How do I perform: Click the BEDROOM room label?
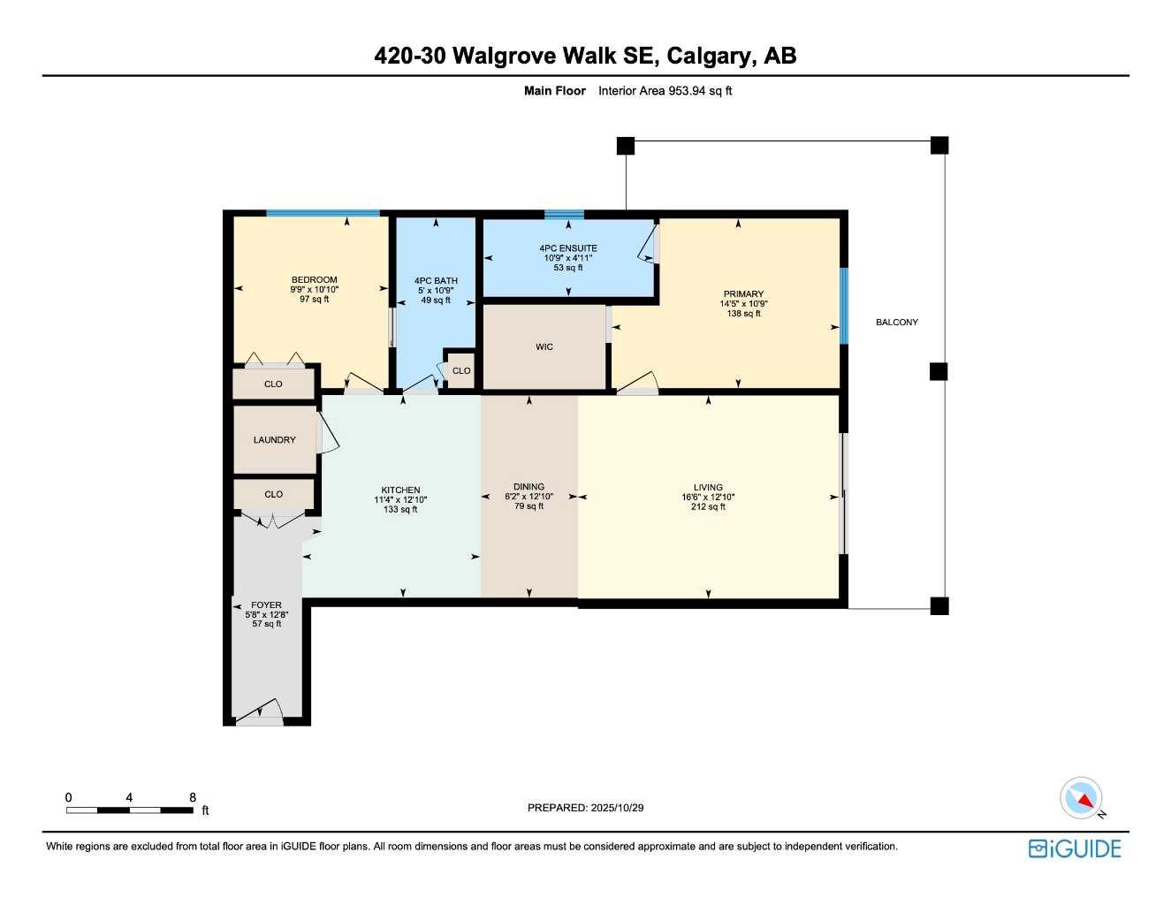pos(314,280)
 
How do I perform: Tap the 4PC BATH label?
pos(436,281)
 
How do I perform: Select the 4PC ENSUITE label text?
pos(568,248)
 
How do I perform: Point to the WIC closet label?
pos(544,347)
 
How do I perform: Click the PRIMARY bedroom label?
pos(743,294)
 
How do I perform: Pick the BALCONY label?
pos(896,323)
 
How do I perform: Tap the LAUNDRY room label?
pos(274,440)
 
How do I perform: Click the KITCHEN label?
pos(400,491)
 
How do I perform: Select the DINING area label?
pos(528,487)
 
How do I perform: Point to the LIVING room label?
pos(708,487)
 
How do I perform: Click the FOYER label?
pos(266,605)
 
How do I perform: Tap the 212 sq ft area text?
pos(708,507)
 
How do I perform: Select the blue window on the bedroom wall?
pos(323,213)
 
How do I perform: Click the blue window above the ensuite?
pos(564,214)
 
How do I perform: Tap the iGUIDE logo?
pos(1075,849)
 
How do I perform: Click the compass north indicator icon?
pos(1081,798)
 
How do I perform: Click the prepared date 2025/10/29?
pos(618,808)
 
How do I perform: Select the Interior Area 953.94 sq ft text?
pos(665,91)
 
